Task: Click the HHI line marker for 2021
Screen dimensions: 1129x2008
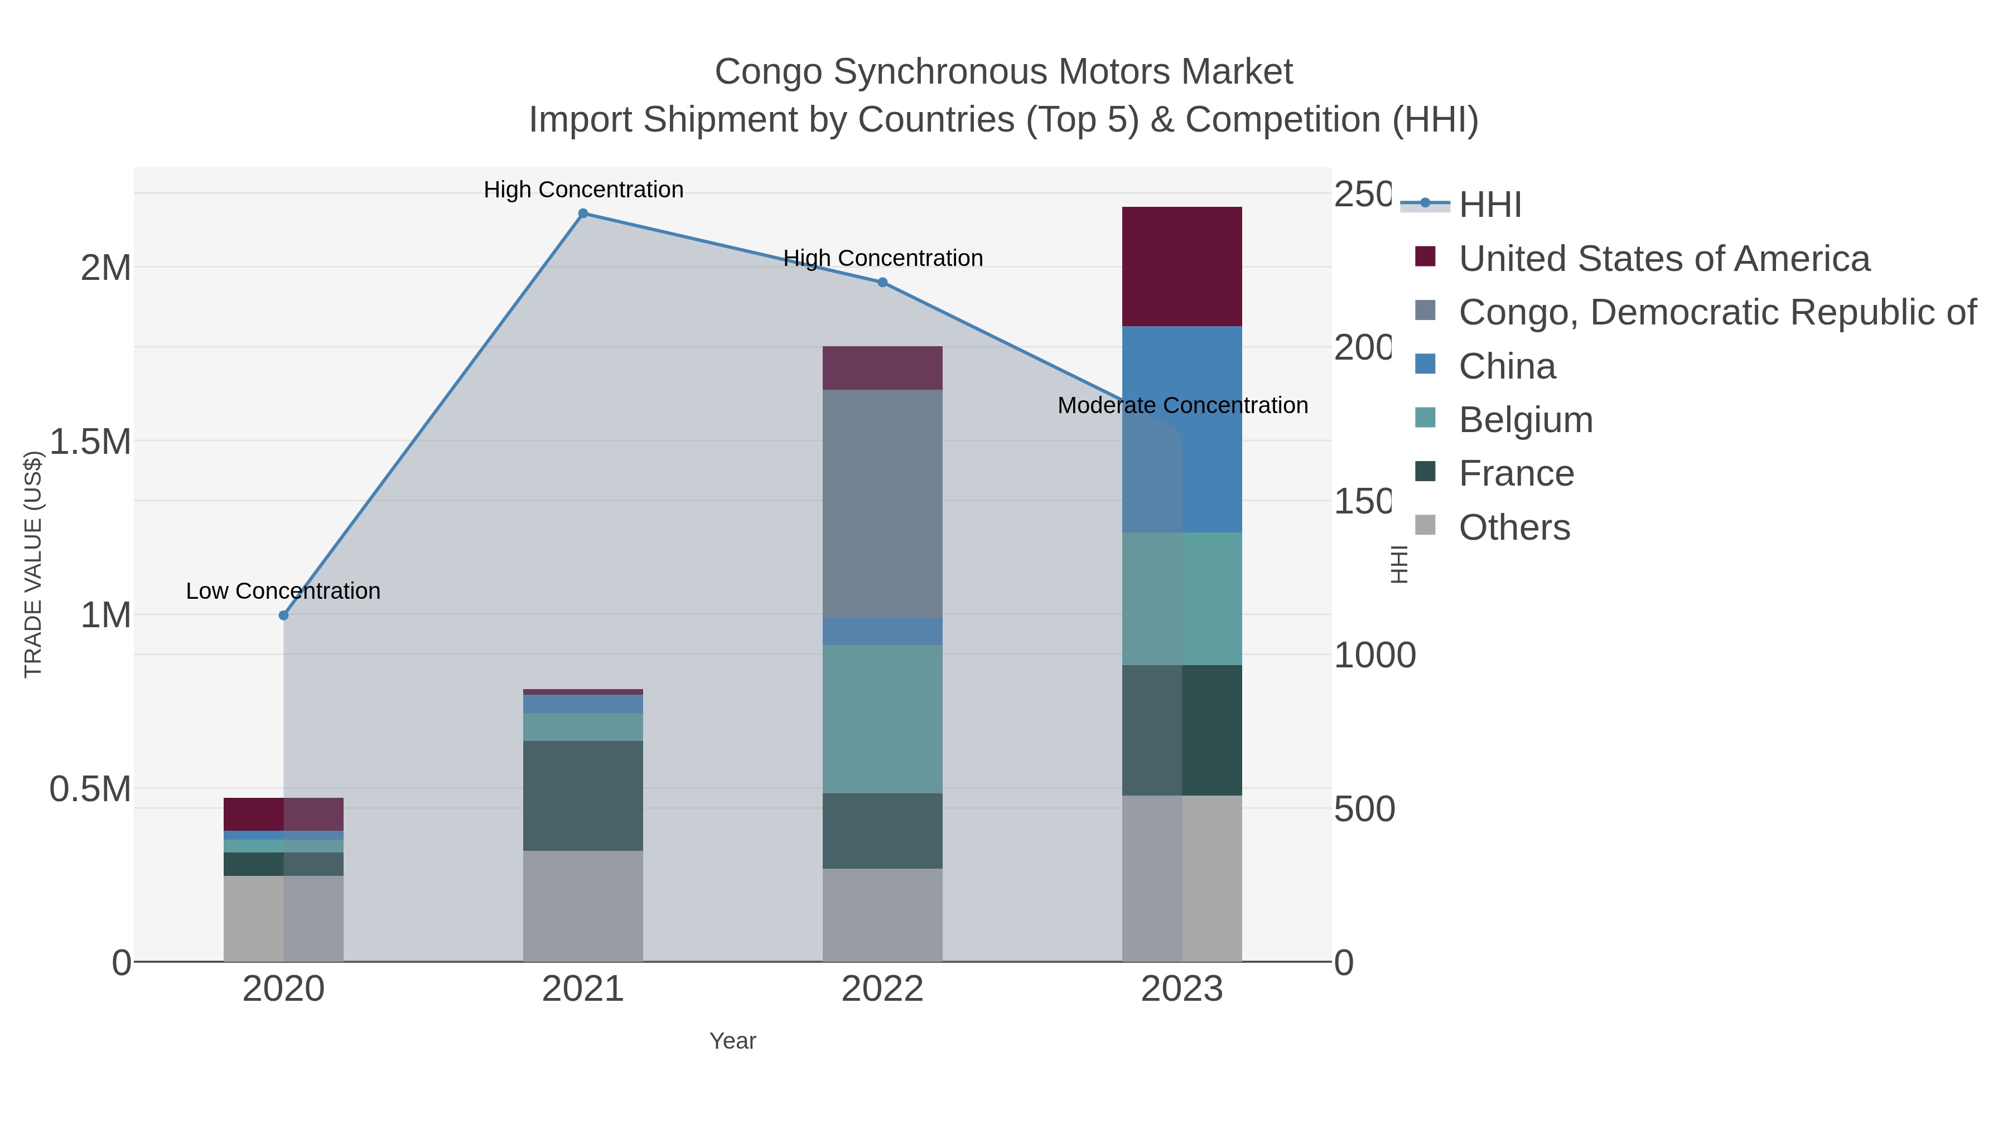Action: click(583, 214)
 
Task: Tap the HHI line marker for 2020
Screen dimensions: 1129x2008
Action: click(284, 616)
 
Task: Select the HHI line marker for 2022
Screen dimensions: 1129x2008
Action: click(882, 283)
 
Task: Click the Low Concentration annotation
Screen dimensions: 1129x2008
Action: click(283, 592)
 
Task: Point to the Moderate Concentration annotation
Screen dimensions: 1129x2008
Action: click(1182, 406)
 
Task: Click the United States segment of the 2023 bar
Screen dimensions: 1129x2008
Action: click(1182, 266)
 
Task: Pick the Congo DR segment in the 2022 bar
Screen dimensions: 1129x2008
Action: click(882, 503)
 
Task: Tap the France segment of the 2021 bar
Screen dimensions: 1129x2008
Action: click(583, 796)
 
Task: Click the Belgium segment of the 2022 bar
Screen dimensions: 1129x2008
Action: click(882, 719)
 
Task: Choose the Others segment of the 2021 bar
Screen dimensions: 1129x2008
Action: click(583, 905)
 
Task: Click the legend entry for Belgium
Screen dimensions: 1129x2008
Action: click(1526, 420)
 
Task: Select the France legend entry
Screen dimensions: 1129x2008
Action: click(1516, 474)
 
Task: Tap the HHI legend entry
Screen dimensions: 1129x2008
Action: click(1490, 205)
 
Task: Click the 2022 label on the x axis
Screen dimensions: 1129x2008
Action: click(882, 990)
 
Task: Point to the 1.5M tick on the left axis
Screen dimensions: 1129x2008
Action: click(90, 442)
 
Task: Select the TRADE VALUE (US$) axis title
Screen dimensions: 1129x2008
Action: click(33, 564)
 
